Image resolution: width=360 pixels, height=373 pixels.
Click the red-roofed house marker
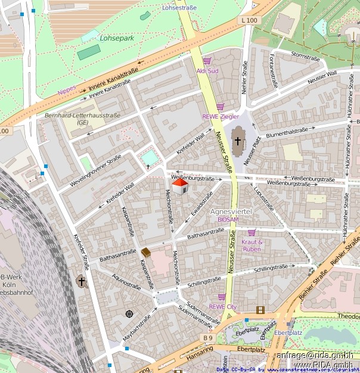(x=180, y=186)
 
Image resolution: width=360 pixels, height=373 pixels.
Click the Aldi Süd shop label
(x=207, y=71)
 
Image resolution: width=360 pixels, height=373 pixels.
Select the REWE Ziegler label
(x=220, y=117)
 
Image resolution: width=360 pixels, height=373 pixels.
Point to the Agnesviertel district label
(x=231, y=212)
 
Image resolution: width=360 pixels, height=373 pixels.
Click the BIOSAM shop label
(x=228, y=220)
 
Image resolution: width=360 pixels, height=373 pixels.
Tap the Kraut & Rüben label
(x=252, y=245)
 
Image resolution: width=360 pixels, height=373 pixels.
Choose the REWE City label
(x=222, y=306)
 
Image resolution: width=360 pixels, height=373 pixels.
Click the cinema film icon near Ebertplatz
(x=260, y=309)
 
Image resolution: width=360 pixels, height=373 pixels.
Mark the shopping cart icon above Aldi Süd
(x=207, y=61)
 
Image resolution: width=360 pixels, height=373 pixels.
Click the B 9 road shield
(x=207, y=338)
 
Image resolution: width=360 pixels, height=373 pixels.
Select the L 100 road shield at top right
(x=250, y=20)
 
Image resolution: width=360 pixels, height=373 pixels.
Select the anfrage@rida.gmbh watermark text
(x=314, y=355)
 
